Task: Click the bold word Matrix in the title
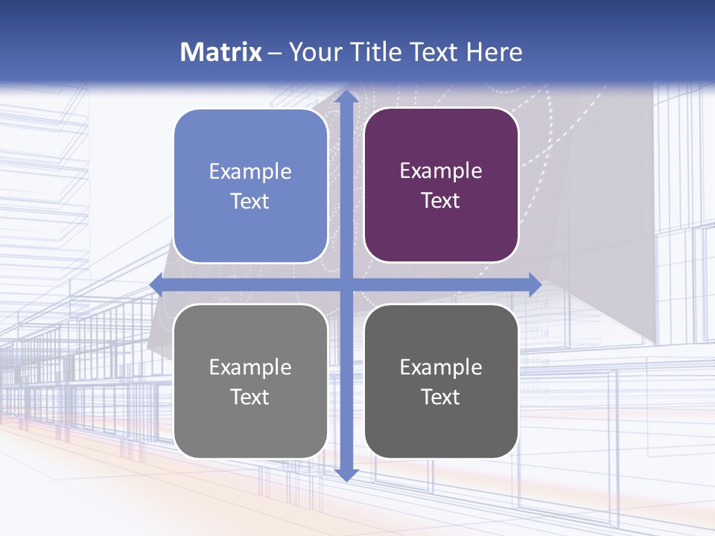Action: [221, 52]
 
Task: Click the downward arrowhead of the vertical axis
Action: [346, 474]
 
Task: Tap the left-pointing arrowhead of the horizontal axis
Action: [156, 284]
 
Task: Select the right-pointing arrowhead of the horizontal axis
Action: [534, 284]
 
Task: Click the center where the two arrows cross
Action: [346, 284]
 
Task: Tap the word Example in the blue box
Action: [250, 172]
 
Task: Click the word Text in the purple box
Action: [441, 201]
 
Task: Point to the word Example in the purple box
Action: [441, 171]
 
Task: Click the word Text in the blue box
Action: [250, 202]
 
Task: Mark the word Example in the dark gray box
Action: [441, 367]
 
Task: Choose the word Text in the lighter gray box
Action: [250, 397]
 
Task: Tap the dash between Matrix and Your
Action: [275, 53]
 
